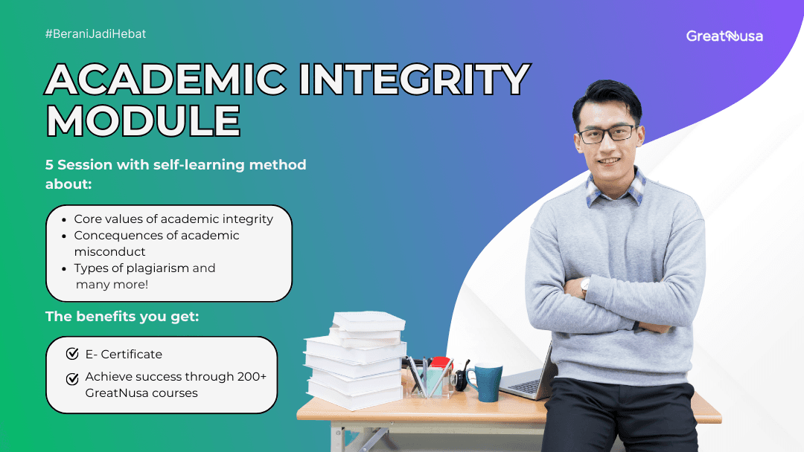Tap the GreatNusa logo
(x=724, y=36)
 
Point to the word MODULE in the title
(x=143, y=121)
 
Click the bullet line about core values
(x=173, y=219)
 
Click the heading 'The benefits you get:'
(x=122, y=317)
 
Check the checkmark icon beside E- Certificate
(x=72, y=354)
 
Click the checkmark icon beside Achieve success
(x=72, y=378)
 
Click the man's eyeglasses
(x=607, y=135)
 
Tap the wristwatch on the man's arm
(x=585, y=285)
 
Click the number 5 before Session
(x=49, y=165)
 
